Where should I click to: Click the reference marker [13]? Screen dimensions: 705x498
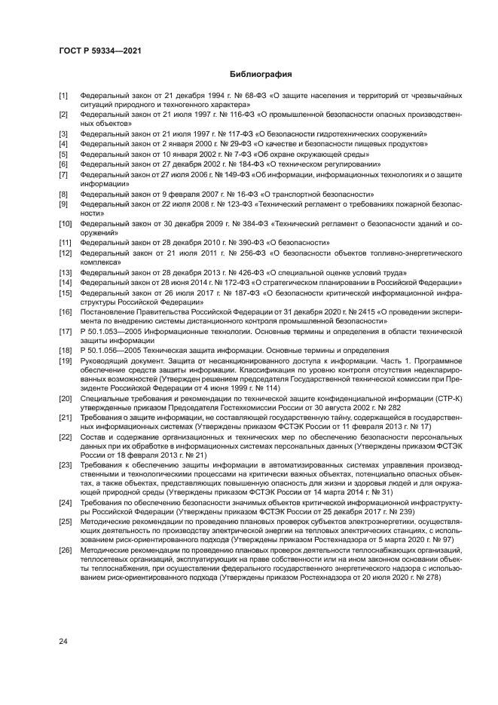[x=66, y=271]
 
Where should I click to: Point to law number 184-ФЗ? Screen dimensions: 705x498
[x=229, y=164]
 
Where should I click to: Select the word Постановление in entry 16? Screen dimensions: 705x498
[x=108, y=311]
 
